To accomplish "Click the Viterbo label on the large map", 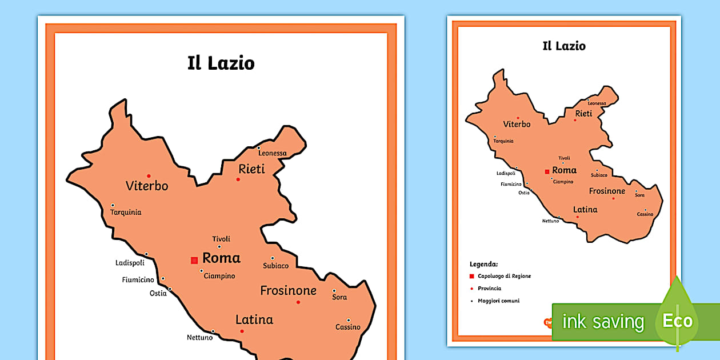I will tap(147, 186).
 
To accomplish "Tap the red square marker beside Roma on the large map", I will tap(194, 260).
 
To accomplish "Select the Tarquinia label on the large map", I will tap(126, 213).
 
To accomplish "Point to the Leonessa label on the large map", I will tap(272, 153).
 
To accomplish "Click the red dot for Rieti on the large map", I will tap(238, 180).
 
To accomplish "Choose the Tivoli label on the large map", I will tap(221, 239).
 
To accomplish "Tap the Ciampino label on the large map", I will tap(220, 276).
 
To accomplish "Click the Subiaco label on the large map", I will tap(275, 266).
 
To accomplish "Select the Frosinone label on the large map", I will tap(288, 290).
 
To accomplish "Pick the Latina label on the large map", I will tap(254, 319).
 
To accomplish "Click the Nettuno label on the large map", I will tap(199, 337).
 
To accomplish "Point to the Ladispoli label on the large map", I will tap(130, 263).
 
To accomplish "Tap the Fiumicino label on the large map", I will tap(138, 280).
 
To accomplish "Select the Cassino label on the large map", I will tap(348, 327).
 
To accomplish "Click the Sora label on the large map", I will tap(339, 298).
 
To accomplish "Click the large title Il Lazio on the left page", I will tap(221, 63).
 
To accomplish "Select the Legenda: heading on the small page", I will tap(483, 265).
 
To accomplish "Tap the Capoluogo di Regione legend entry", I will tap(505, 276).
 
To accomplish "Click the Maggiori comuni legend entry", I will tap(499, 301).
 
